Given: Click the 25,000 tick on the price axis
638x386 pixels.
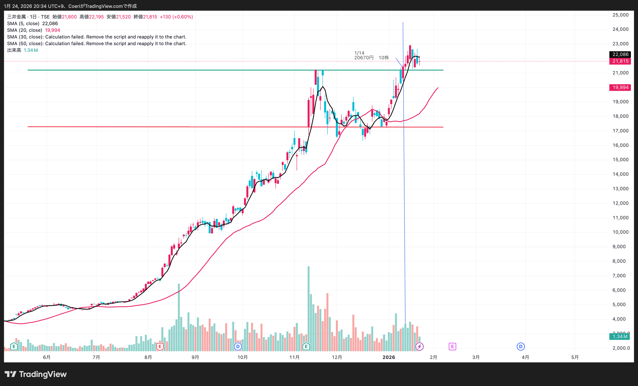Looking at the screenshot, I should [620, 15].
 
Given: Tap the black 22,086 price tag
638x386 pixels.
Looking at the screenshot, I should [620, 54].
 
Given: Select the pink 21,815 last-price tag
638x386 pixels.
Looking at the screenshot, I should [620, 61].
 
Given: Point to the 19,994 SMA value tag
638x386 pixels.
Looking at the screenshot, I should [620, 88].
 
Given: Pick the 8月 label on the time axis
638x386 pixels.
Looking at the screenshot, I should [148, 357].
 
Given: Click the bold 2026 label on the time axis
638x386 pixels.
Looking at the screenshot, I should [389, 357].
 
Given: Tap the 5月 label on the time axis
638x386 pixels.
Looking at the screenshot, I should [575, 357].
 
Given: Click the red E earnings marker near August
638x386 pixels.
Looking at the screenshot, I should [160, 346].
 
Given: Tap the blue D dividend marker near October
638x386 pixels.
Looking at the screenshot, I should [238, 346].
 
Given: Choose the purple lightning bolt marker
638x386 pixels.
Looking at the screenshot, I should [420, 346].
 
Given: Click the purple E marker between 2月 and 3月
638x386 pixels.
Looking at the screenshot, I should [452, 346].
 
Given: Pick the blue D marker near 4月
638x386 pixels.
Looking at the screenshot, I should [521, 346].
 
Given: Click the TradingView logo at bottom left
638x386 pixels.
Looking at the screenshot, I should [36, 374].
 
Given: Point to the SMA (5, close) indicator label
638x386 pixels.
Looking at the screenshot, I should [23, 24].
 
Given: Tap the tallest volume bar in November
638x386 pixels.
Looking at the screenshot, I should [308, 308].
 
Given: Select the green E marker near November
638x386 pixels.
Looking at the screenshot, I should [306, 346].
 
